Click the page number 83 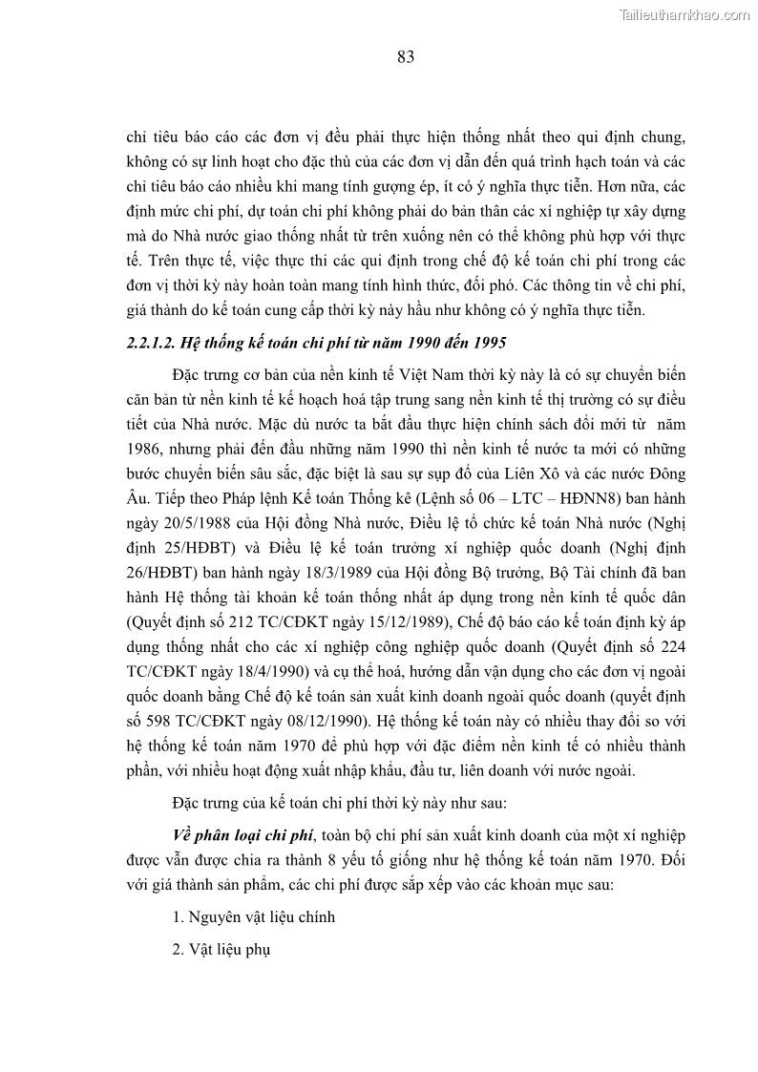tap(405, 57)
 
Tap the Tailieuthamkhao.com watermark tap(684, 14)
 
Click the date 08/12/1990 tap(319, 720)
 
